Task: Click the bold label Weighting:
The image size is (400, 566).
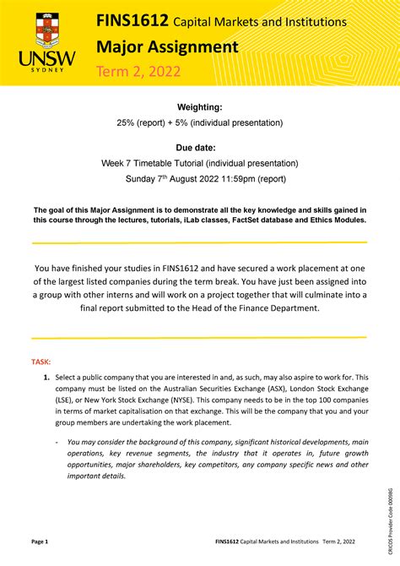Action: (x=199, y=107)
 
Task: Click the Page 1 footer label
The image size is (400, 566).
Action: (x=40, y=541)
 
